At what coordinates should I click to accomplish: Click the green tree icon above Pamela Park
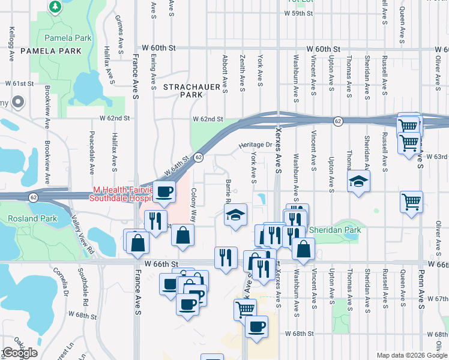click(x=55, y=7)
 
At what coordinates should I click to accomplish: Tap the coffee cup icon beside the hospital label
click(x=164, y=192)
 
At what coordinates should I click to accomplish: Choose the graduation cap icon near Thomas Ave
click(x=358, y=181)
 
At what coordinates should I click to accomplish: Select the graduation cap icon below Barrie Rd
click(x=236, y=215)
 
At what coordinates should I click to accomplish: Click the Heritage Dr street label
click(x=255, y=145)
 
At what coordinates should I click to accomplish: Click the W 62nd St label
click(x=207, y=119)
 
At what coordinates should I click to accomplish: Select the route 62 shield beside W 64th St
click(x=198, y=157)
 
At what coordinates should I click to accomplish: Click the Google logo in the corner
click(x=20, y=353)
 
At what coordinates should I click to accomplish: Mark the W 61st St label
click(x=19, y=84)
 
